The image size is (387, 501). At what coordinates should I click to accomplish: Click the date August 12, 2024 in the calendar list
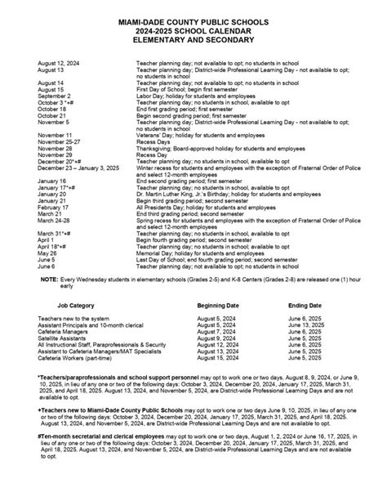pos(59,62)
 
